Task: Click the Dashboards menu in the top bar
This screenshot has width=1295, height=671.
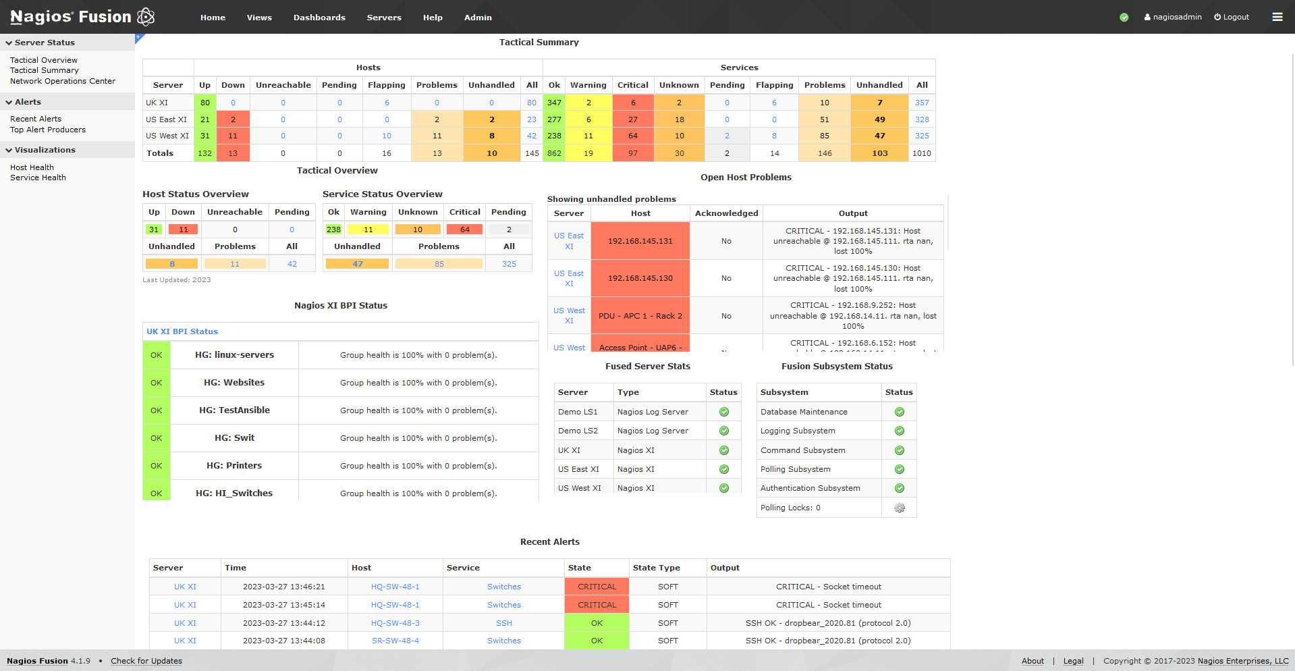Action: [x=319, y=18]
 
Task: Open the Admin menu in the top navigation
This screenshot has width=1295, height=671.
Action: [x=478, y=18]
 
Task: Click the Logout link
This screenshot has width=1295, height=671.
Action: [x=1232, y=17]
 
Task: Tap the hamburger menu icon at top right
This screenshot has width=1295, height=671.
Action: [x=1277, y=17]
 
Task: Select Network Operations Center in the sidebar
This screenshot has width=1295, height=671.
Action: [x=63, y=81]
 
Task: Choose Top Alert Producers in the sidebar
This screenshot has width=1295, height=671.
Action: [x=48, y=130]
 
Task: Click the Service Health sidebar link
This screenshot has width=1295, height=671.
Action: [x=38, y=178]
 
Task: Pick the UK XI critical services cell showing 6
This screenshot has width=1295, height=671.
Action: [x=633, y=103]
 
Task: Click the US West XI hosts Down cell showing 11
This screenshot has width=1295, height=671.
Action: [x=233, y=136]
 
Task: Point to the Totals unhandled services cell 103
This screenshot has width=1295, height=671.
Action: [x=879, y=153]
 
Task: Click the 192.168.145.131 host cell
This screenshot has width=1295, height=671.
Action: [x=640, y=241]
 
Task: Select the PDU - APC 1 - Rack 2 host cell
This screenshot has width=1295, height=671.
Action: [x=640, y=316]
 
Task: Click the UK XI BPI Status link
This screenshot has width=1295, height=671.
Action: [x=182, y=331]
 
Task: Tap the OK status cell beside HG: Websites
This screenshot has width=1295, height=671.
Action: [x=156, y=383]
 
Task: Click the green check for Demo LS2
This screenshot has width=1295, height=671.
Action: [x=724, y=431]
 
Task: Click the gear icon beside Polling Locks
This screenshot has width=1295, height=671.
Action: [x=900, y=508]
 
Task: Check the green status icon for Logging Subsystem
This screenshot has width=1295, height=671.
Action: [x=900, y=431]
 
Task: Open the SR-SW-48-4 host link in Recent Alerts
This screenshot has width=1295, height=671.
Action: [x=395, y=641]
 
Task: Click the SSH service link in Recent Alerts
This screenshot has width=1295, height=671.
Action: [x=504, y=623]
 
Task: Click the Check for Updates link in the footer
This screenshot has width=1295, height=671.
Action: [x=146, y=661]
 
